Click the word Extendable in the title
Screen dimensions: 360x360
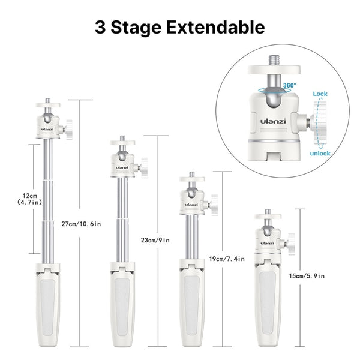click(215, 28)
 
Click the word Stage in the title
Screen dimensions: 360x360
click(136, 28)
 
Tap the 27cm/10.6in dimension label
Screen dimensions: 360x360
click(81, 224)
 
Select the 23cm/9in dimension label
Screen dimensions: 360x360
click(155, 241)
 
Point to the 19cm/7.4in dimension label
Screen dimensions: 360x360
click(227, 259)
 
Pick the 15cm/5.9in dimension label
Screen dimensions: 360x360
click(307, 276)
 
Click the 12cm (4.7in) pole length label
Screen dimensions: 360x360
click(29, 199)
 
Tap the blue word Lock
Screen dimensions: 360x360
click(320, 94)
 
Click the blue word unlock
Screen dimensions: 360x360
click(320, 154)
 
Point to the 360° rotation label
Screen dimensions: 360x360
click(290, 85)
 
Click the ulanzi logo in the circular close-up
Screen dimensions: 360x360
click(273, 121)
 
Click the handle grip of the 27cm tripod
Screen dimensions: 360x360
click(48, 308)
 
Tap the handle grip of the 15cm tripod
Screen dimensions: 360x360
click(268, 306)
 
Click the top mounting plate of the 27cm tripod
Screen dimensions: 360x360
click(48, 105)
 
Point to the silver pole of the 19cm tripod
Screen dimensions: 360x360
click(192, 237)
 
